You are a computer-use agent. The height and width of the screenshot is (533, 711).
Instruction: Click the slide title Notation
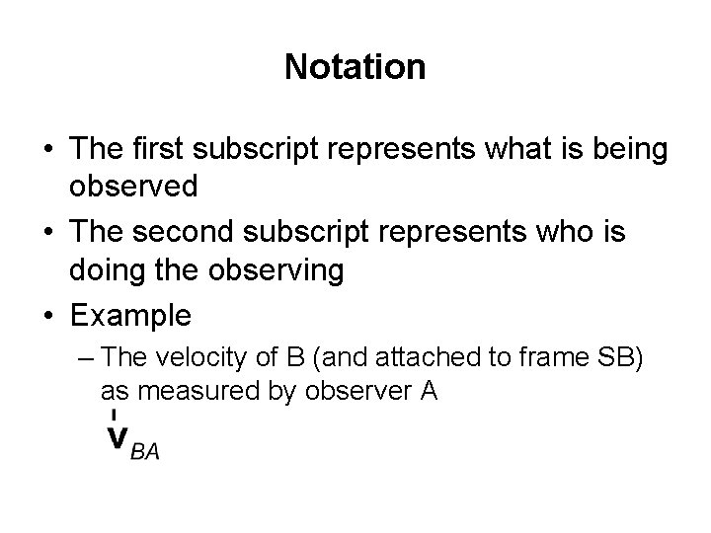tap(355, 67)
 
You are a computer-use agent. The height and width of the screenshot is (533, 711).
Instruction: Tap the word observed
tap(134, 186)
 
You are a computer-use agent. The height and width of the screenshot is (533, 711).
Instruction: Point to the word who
tap(568, 238)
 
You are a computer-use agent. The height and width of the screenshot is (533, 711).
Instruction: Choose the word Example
tap(129, 316)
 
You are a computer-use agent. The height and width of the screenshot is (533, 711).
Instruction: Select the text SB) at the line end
tap(622, 357)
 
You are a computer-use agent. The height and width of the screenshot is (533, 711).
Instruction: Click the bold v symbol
tap(118, 437)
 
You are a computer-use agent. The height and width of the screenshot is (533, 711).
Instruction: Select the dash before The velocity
tap(87, 357)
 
